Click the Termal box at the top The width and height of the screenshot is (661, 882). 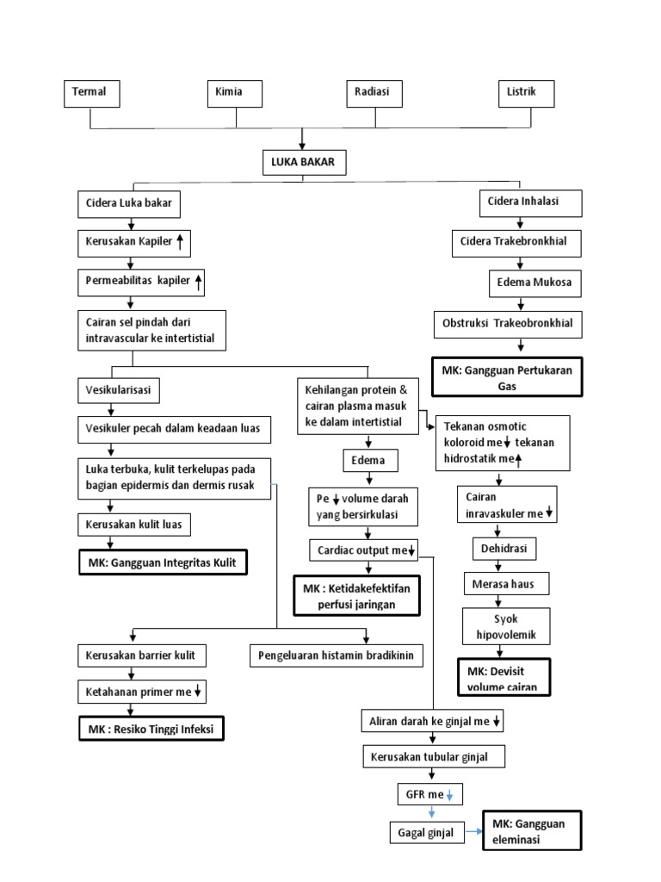click(x=91, y=93)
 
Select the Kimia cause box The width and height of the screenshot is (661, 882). click(x=235, y=93)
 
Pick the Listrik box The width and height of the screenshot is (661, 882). click(x=527, y=93)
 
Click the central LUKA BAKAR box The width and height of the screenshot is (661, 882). click(x=305, y=163)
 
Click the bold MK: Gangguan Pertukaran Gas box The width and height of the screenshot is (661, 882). click(x=507, y=377)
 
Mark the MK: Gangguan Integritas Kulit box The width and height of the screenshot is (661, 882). click(x=162, y=563)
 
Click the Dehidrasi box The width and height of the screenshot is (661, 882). click(x=503, y=549)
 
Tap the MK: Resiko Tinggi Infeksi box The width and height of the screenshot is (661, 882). click(x=151, y=730)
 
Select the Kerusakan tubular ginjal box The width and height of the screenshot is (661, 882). click(x=433, y=757)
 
